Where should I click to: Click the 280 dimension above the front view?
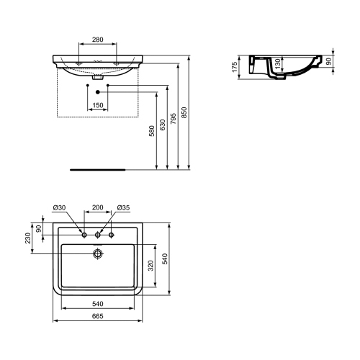point(97,39)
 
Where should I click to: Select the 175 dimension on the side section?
point(236,68)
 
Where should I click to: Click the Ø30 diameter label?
point(59,208)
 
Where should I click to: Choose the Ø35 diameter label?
point(122,208)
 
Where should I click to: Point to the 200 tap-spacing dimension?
point(97,208)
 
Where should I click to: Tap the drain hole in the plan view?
point(97,253)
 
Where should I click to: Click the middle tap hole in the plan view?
point(97,235)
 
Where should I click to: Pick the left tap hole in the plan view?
point(84,235)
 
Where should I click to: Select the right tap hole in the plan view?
point(111,235)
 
